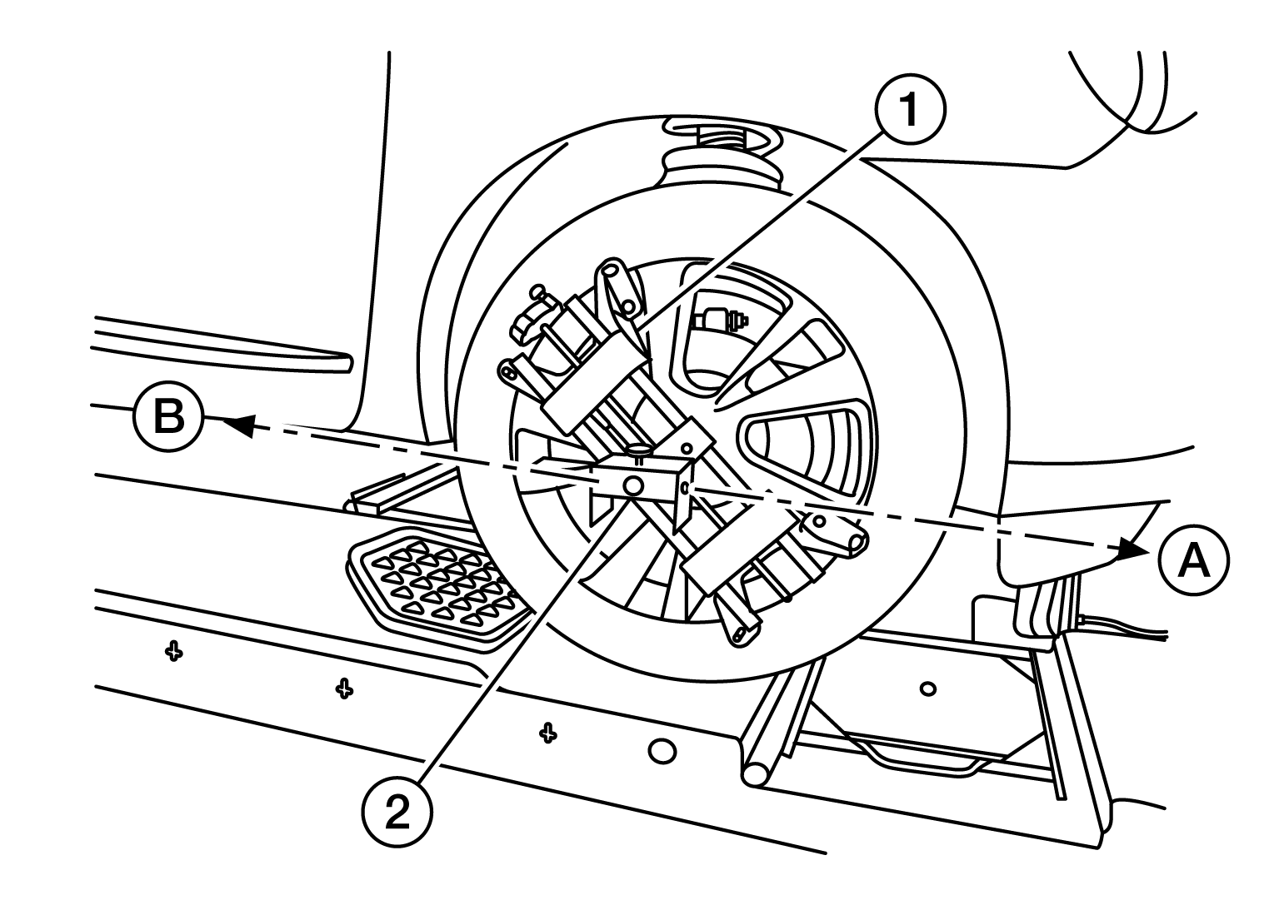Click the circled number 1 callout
click(x=909, y=110)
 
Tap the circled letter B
click(x=168, y=416)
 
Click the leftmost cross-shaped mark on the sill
click(x=173, y=651)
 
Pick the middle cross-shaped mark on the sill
click(x=342, y=688)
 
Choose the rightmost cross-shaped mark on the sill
click(x=547, y=732)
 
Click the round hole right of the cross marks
click(x=662, y=751)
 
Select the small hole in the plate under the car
click(x=927, y=689)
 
